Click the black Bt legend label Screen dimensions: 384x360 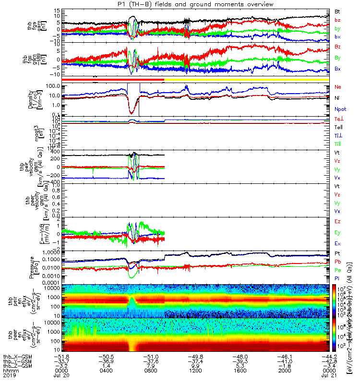pyautogui.click(x=337, y=11)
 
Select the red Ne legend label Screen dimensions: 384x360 pyautogui.click(x=338, y=87)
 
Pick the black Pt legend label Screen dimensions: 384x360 pyautogui.click(x=337, y=253)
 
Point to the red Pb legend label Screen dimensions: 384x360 pyautogui.click(x=338, y=262)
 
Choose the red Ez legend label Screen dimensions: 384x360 pyautogui.click(x=338, y=221)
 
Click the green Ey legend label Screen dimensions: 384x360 pyautogui.click(x=338, y=232)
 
